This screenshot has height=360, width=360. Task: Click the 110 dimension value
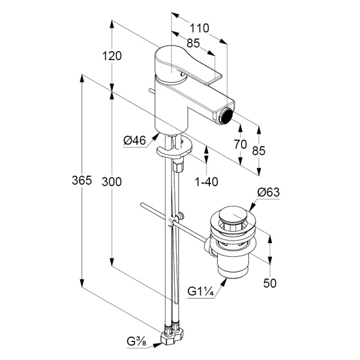pos(199,28)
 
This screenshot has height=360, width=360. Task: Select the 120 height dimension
pos(112,56)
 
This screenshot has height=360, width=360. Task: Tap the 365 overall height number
pos(82,180)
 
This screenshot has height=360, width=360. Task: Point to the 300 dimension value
pos(112,182)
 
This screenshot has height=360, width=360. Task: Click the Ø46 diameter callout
pos(134,140)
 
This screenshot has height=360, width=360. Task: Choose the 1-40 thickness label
pos(206,182)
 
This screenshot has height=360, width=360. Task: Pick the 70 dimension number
pos(241,145)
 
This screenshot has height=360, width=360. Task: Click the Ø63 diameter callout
pos(268,192)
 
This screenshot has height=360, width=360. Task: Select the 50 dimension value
pos(270,283)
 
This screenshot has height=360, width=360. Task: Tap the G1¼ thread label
pos(201,292)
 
